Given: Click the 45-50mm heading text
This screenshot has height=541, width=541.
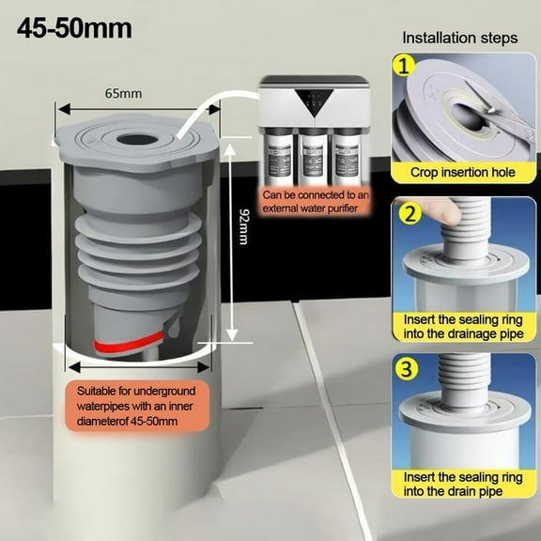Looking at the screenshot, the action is pos(74,28).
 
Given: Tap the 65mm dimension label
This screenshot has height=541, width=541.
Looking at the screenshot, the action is pos(123,94).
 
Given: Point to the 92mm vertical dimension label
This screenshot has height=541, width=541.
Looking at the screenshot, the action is pos(243,226).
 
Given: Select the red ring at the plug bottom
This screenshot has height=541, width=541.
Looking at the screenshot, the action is pos(129,344).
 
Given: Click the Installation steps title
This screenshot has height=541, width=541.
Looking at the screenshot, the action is pos(460,38).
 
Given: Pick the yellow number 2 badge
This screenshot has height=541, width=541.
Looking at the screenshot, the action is pos(410,213).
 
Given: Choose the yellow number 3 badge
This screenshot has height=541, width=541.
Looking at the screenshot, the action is pos(407,368).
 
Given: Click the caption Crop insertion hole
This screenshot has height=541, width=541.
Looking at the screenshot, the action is pos(463,172).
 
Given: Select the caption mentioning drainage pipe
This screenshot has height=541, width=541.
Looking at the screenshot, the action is pos(463,327).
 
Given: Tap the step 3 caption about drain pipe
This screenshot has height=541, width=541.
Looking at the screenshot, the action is pos(463,484).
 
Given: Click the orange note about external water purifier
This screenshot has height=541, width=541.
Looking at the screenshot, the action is pos(316,202).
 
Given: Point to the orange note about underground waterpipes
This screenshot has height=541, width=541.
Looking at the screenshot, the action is pos(136,406).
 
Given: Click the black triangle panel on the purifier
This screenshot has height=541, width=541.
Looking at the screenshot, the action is pos(314,102).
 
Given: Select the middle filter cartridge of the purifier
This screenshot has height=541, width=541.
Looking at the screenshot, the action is pos(314,157).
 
